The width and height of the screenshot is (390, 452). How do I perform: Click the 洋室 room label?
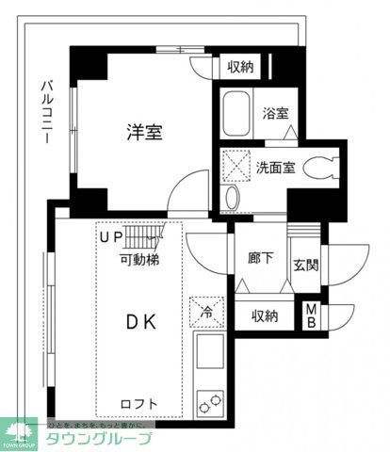[145, 132]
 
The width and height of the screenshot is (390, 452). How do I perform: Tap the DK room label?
[142, 322]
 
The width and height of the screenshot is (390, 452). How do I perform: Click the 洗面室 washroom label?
[275, 169]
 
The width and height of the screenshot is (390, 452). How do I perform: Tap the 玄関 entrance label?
[305, 265]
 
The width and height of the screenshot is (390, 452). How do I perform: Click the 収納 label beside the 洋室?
[240, 67]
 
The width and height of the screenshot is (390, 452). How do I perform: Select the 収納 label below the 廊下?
[265, 316]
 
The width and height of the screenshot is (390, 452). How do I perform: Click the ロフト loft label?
[138, 405]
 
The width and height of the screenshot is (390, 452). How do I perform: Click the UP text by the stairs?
[112, 237]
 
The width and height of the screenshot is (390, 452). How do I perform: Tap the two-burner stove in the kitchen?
[210, 402]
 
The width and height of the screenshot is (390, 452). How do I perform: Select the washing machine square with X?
[235, 164]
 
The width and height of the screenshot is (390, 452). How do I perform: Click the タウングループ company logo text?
[99, 439]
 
